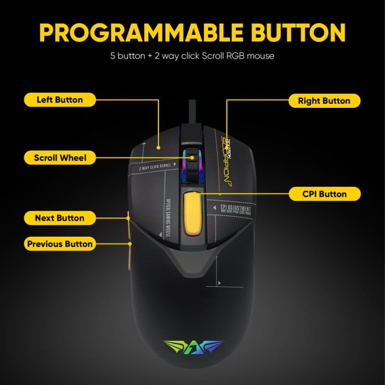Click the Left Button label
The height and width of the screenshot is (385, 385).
click(60, 100)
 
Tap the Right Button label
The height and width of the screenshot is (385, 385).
click(324, 101)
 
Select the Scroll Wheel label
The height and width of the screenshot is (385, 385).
click(60, 157)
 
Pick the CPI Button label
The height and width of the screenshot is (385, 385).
click(324, 194)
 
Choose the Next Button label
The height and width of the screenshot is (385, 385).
click(59, 218)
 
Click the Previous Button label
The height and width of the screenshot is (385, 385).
click(60, 244)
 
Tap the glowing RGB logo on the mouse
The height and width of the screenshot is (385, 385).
click(193, 347)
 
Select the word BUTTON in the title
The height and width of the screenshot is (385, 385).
click(298, 32)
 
